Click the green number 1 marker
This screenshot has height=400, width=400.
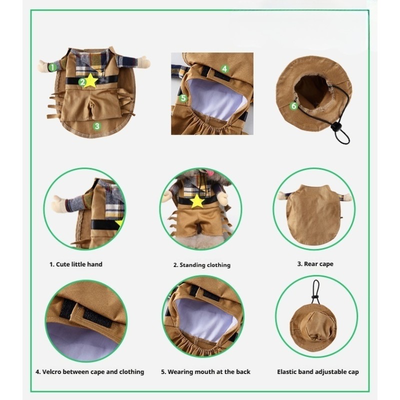coord(52,67)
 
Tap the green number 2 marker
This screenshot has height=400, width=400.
coord(82,82)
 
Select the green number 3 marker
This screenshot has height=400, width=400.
coord(96,126)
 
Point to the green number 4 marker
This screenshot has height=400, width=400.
coord(224,68)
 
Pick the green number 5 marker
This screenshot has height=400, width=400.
coord(183,98)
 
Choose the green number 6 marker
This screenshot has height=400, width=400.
coord(293,105)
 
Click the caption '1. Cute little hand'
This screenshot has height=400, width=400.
coord(76,264)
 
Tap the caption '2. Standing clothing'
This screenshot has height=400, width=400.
coord(202,265)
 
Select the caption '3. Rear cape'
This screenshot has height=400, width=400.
coord(315,264)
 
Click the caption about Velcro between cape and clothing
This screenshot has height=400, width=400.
coord(90,372)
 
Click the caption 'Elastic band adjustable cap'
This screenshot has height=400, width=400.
coord(318,372)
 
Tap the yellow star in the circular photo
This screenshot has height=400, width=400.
coord(197,201)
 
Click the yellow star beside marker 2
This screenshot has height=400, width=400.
coord(91,80)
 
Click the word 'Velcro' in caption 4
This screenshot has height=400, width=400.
coord(51,372)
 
